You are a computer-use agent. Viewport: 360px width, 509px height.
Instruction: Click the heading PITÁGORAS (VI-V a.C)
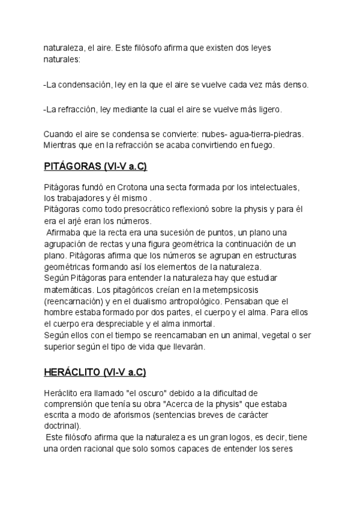click(x=95, y=166)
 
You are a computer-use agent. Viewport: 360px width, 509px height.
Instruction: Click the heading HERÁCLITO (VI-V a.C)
click(x=95, y=372)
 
